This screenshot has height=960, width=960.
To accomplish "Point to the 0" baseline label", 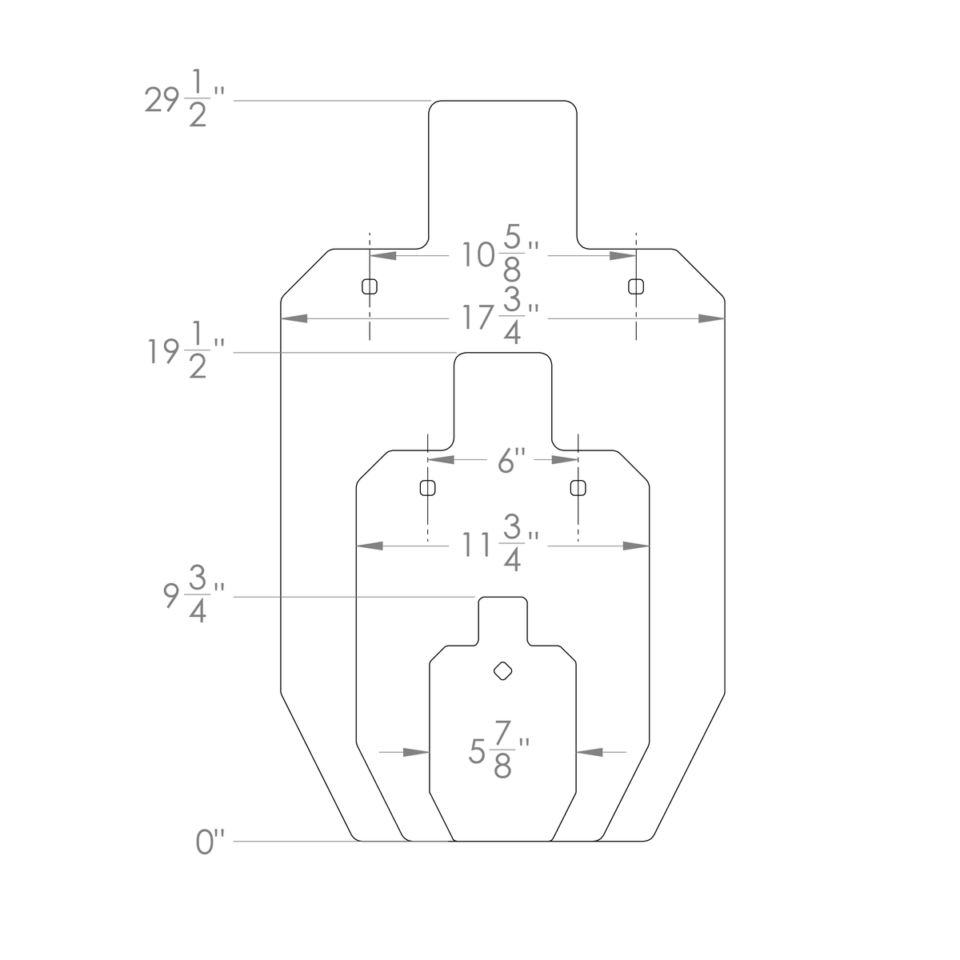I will click(x=210, y=843).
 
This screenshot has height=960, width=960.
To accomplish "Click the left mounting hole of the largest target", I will click(x=369, y=286).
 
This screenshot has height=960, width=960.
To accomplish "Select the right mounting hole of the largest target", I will click(x=636, y=286).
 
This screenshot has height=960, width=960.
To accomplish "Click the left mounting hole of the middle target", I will click(x=428, y=487).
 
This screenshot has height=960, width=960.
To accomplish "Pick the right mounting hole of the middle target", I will click(x=578, y=487).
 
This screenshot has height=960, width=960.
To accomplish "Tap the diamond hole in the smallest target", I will click(x=502, y=671).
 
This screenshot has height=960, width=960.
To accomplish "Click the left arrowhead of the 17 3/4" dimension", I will click(x=294, y=318).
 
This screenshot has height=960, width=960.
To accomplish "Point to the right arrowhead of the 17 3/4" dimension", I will click(x=711, y=318).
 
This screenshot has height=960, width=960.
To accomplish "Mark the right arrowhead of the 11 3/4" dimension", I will click(x=636, y=546).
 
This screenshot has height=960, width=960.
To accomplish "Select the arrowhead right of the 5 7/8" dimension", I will click(x=589, y=752).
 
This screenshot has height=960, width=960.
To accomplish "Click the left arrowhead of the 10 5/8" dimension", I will click(x=382, y=256).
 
